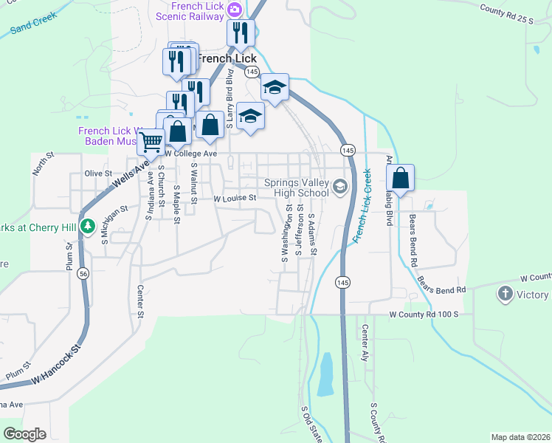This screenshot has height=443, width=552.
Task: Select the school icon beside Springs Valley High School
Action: pos(339,186)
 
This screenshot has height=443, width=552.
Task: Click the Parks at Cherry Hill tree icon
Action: pos(88,226)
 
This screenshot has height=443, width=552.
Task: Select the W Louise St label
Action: pos(234,199)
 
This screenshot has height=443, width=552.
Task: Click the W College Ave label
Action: pos(190,153)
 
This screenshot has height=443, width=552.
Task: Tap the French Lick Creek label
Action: pos(361,206)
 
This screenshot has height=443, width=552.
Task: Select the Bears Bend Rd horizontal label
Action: pos(441,291)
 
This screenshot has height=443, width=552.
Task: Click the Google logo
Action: pos(24,434)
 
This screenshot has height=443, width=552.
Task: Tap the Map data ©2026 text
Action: pos(520,437)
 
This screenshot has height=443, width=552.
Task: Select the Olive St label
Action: pos(97,174)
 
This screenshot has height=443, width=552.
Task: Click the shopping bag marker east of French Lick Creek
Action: pos(400,179)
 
